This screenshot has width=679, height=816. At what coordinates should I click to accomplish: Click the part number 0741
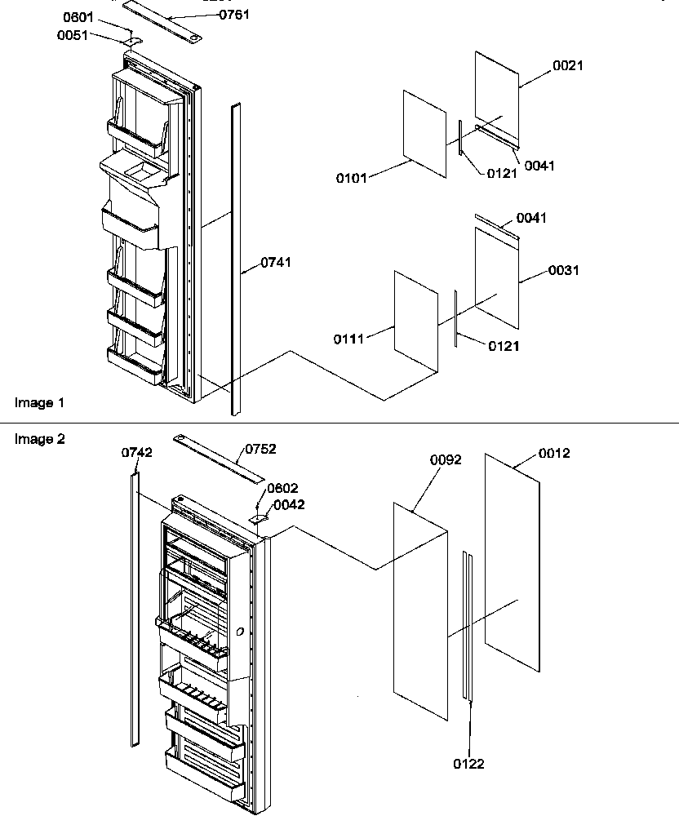point(276,262)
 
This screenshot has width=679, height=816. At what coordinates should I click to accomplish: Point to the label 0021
point(568,66)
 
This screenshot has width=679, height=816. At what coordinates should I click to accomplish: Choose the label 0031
point(564,270)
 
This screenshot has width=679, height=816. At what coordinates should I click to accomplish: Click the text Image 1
point(39,402)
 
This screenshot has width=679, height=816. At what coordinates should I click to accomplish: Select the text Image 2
point(39,439)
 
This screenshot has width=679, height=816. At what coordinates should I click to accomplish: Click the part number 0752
point(260,449)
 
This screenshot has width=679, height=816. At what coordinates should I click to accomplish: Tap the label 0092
point(446,460)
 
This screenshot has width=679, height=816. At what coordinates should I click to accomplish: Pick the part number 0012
point(554,454)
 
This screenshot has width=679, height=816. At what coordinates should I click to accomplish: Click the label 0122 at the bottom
point(469,764)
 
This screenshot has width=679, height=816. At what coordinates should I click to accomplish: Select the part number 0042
point(289,505)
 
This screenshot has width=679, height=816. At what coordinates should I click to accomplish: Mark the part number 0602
point(282,488)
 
